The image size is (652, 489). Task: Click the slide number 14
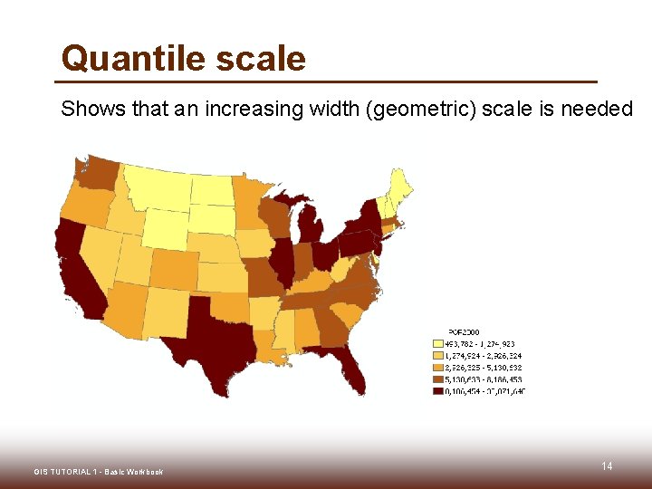pos(607,465)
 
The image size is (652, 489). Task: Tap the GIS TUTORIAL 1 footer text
pos(98,472)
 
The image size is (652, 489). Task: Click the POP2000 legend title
pos(465,331)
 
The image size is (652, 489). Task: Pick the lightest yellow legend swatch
pos(438,344)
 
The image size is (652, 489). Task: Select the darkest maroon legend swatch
pos(438,391)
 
